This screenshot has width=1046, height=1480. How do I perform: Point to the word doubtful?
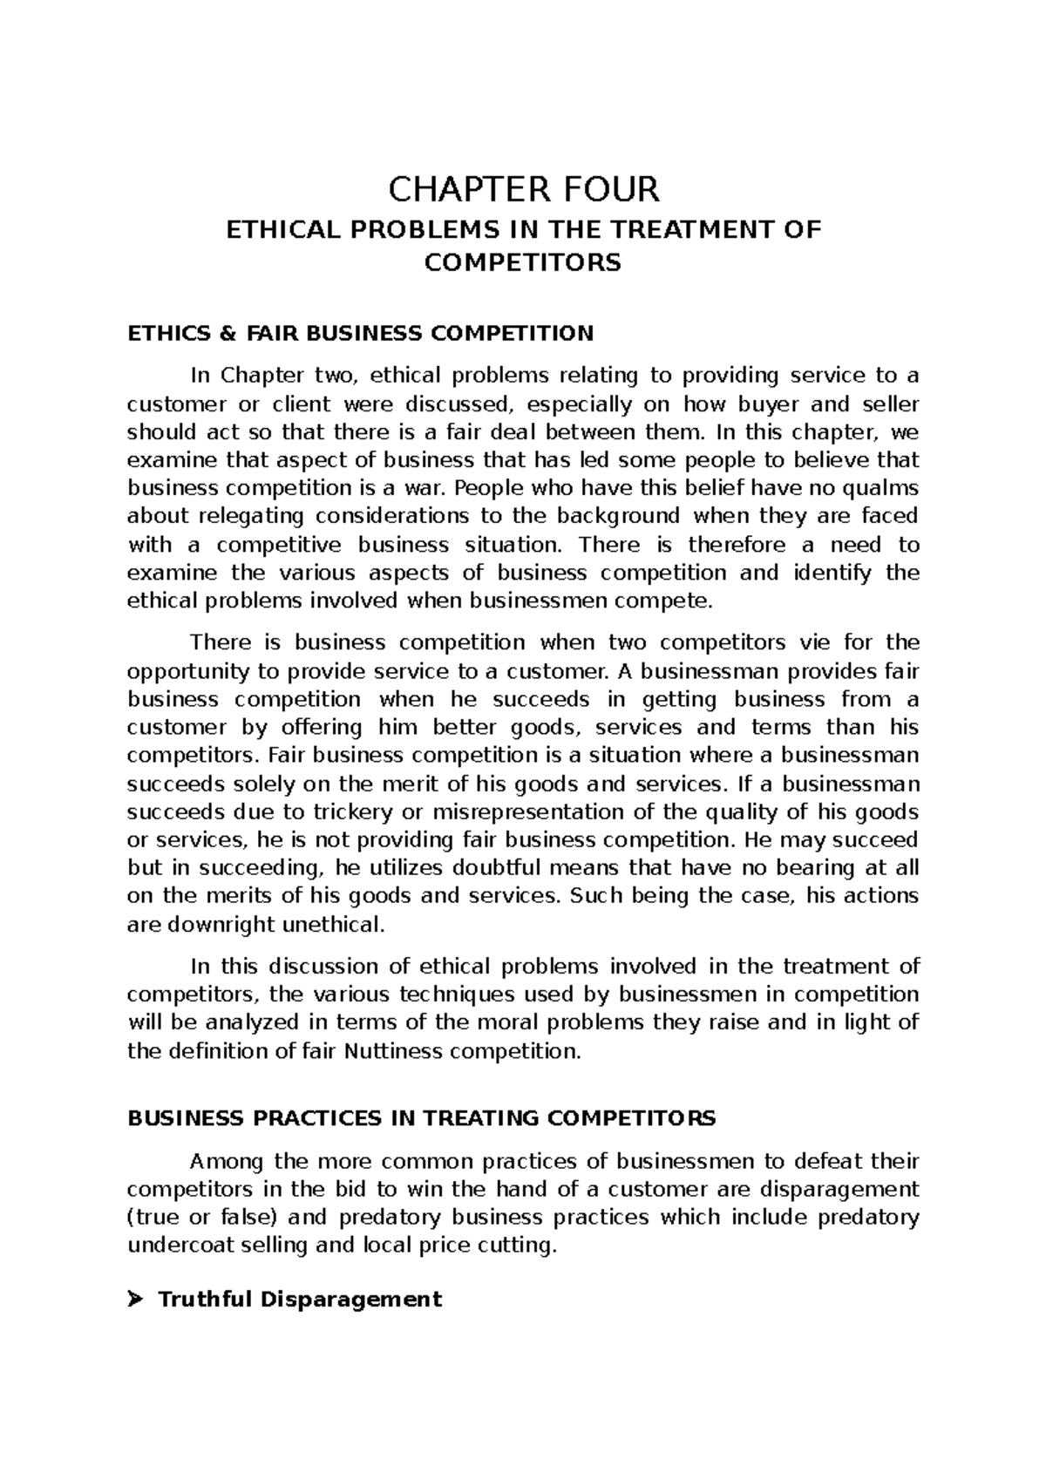coord(495,868)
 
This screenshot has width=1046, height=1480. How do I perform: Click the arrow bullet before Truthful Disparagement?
coord(134,1300)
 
